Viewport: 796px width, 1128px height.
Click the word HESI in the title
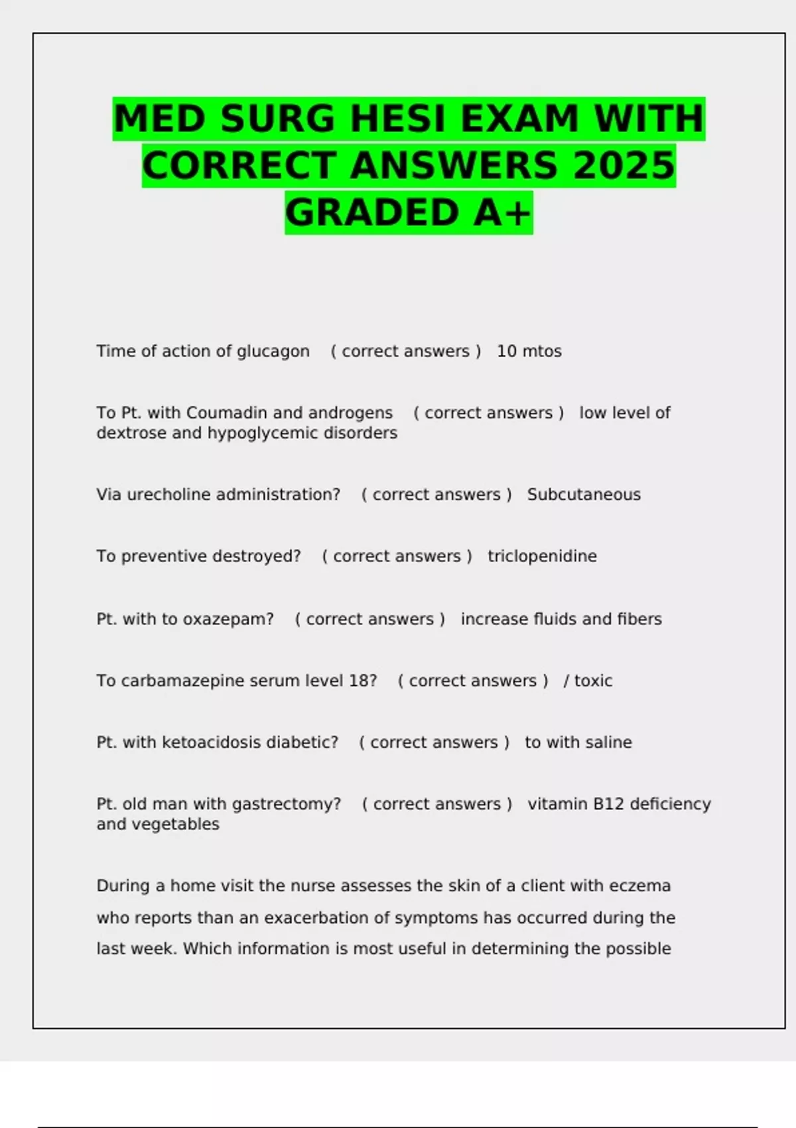click(397, 119)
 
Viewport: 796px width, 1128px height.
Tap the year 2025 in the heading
click(624, 166)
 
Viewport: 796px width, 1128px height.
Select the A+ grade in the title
click(502, 213)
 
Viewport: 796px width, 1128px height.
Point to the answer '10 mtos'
click(529, 352)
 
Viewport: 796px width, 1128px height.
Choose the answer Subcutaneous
click(584, 495)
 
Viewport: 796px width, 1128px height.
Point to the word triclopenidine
click(542, 556)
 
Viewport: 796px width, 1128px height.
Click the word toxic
click(593, 681)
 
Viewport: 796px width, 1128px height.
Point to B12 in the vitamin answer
click(608, 804)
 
